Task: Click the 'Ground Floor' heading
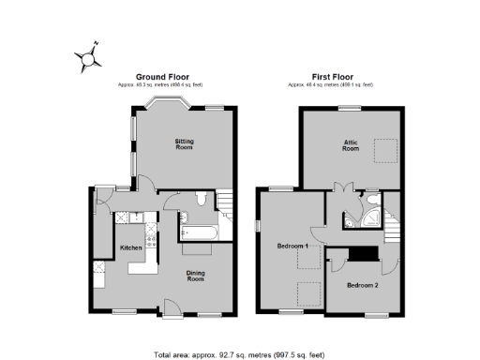[164, 77]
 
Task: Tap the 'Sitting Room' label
[184, 144]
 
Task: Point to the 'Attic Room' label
[350, 145]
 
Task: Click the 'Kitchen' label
[130, 247]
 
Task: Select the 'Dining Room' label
[195, 276]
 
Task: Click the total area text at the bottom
[240, 355]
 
